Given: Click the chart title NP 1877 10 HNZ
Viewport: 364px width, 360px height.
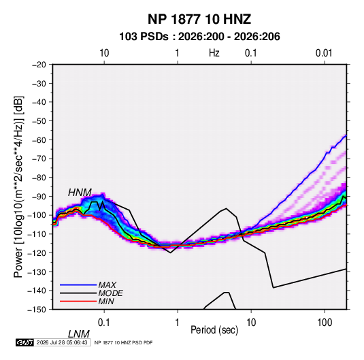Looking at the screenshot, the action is pyautogui.click(x=199, y=19).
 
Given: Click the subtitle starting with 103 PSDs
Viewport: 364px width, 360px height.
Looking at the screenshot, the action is pyautogui.click(x=199, y=37).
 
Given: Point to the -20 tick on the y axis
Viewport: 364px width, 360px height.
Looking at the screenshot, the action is pyautogui.click(x=39, y=65).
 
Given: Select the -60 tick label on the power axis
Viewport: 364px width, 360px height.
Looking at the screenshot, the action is pyautogui.click(x=39, y=140).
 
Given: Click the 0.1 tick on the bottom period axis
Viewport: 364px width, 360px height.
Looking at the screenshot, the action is pyautogui.click(x=104, y=323).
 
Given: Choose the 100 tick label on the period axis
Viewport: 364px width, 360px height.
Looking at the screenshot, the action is pyautogui.click(x=325, y=323).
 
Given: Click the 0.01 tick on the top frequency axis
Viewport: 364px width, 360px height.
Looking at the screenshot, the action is pyautogui.click(x=324, y=53).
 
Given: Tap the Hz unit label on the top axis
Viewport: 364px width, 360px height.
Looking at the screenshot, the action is pyautogui.click(x=214, y=53).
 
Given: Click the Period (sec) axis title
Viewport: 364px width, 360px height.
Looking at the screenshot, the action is pyautogui.click(x=214, y=330).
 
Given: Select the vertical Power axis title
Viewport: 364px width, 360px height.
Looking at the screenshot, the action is pyautogui.click(x=18, y=186).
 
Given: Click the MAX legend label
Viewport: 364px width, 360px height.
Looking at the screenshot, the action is pyautogui.click(x=107, y=284).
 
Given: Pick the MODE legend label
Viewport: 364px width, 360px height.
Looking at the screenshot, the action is pyautogui.click(x=110, y=293).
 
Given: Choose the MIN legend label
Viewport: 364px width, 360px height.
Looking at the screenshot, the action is pyautogui.click(x=106, y=301).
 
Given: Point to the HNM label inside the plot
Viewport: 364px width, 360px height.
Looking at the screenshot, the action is pyautogui.click(x=80, y=193).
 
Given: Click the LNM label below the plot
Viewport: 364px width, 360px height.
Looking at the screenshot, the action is pyautogui.click(x=78, y=334).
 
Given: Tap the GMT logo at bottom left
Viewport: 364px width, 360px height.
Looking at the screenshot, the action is pyautogui.click(x=24, y=342).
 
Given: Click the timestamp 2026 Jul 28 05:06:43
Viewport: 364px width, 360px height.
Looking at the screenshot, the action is pyautogui.click(x=62, y=342).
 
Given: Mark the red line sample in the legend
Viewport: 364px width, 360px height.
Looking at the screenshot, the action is pyautogui.click(x=78, y=301).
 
